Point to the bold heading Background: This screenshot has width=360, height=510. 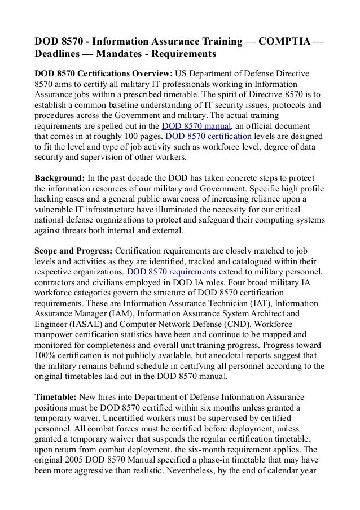pyautogui.click(x=59, y=178)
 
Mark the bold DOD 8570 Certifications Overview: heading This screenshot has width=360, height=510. pyautogui.click(x=104, y=73)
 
